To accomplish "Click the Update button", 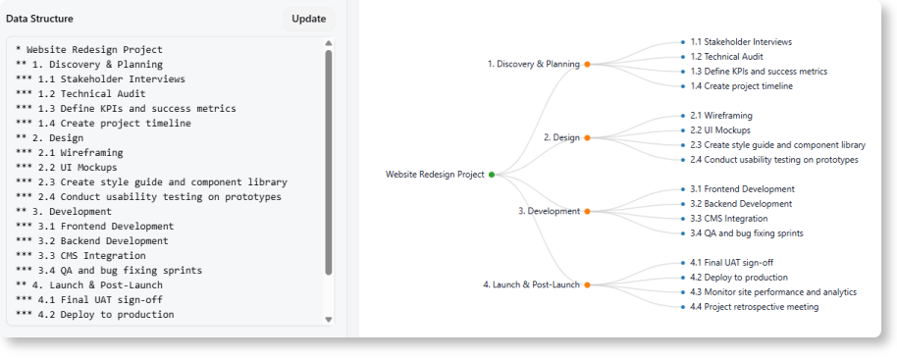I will coord(308,19).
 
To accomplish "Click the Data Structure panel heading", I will coord(39,19).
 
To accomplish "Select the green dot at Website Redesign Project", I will coord(492,175).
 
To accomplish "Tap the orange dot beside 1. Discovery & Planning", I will coord(587,64).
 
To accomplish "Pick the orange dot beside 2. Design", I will coord(587,137).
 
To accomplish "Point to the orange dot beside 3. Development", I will coord(587,211).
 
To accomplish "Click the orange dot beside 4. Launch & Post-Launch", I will coord(587,284).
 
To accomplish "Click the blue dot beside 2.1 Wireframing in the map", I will coord(682,116).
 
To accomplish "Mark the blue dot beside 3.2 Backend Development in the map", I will coord(682,204).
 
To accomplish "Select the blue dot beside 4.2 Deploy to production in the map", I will coord(682,278).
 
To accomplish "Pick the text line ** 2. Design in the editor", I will coord(50,137).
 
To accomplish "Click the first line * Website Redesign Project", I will coord(89,49).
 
